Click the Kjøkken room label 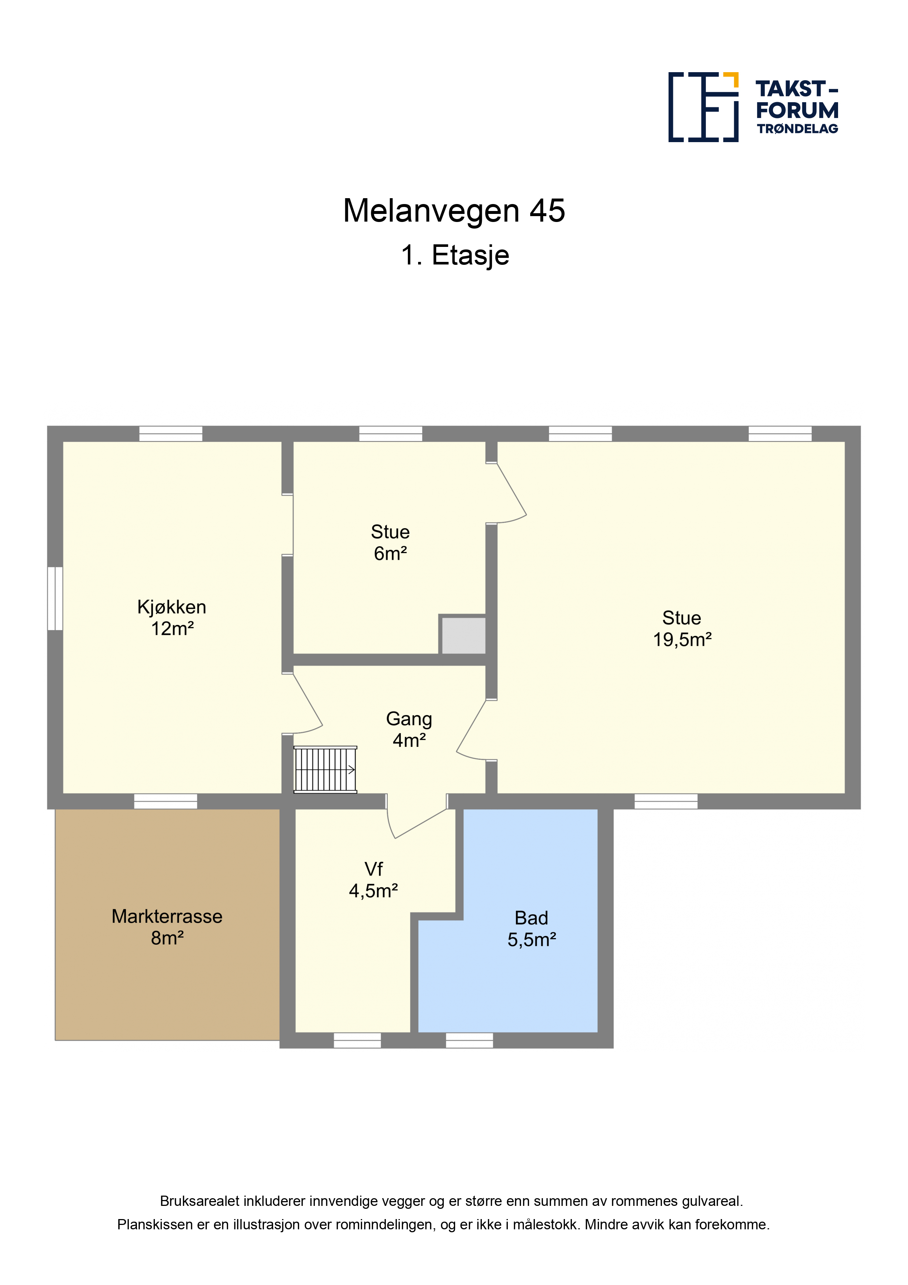pyautogui.click(x=172, y=607)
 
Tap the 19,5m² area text pyautogui.click(x=682, y=640)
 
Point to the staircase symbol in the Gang pyautogui.click(x=325, y=770)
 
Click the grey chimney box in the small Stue pyautogui.click(x=463, y=635)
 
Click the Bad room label pyautogui.click(x=532, y=918)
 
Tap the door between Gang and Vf pyautogui.click(x=417, y=817)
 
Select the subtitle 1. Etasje pyautogui.click(x=455, y=255)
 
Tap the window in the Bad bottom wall pyautogui.click(x=469, y=1040)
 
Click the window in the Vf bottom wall pyautogui.click(x=357, y=1040)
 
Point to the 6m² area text pyautogui.click(x=390, y=553)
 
